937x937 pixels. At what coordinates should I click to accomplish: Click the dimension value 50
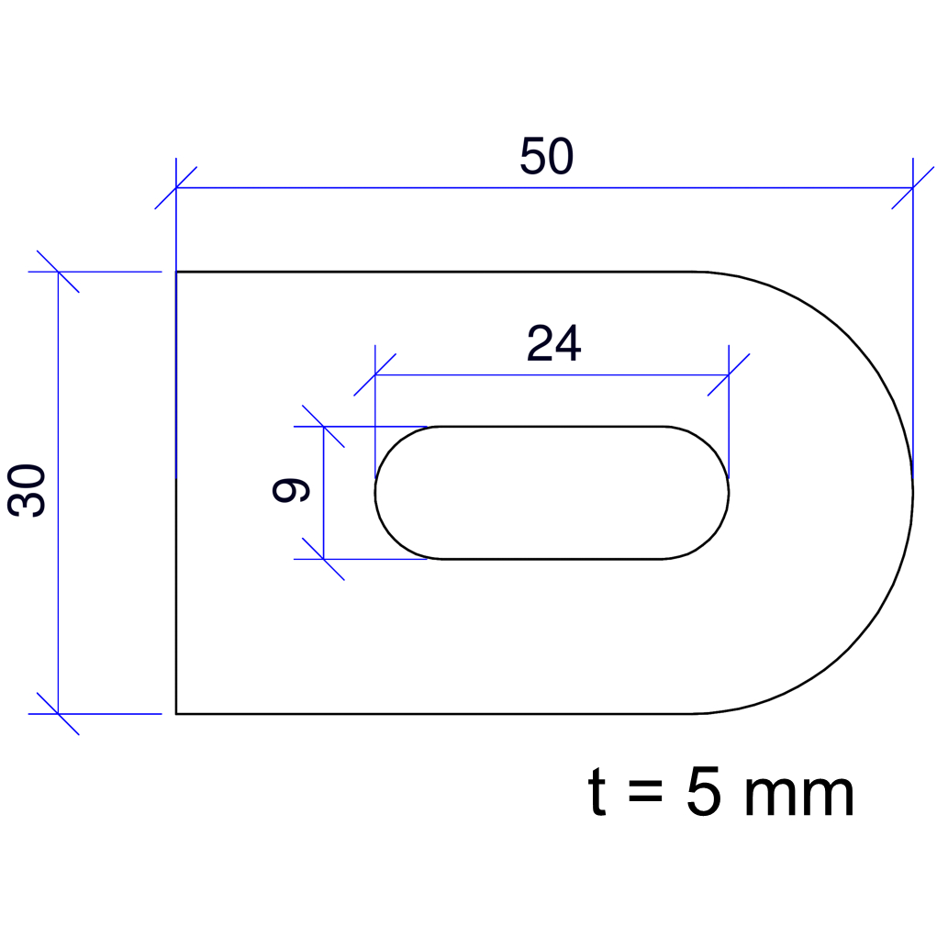click(x=547, y=156)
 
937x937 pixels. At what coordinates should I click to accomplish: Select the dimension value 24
click(x=554, y=343)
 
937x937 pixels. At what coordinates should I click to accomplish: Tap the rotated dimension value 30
click(x=27, y=490)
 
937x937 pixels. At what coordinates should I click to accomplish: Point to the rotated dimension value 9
click(x=290, y=490)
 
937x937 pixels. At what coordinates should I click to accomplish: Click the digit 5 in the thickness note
click(x=704, y=792)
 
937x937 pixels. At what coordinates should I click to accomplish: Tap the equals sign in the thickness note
click(x=645, y=791)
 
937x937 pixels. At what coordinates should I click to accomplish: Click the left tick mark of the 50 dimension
click(x=175, y=187)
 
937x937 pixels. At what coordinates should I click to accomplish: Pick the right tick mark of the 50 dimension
click(x=912, y=187)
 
